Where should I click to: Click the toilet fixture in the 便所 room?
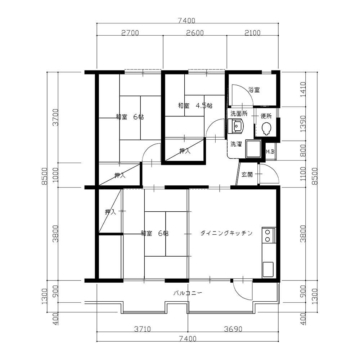click(266, 129)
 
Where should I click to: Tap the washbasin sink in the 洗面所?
click(236, 126)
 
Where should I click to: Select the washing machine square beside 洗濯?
click(253, 149)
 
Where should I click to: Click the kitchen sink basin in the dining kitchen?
click(268, 269)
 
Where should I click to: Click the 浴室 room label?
click(254, 90)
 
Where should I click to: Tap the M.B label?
click(270, 152)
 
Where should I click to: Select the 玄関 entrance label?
click(247, 175)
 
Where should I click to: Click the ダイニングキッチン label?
click(226, 233)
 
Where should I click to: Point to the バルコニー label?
click(188, 293)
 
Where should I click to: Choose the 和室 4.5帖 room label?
click(195, 105)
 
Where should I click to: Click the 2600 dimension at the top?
click(195, 33)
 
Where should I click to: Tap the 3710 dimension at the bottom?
click(142, 329)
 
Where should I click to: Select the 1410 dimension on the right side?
click(303, 89)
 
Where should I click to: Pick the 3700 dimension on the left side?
click(55, 117)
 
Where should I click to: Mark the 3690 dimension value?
click(233, 329)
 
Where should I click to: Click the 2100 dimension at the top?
click(252, 33)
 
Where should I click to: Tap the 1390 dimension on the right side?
click(303, 123)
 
